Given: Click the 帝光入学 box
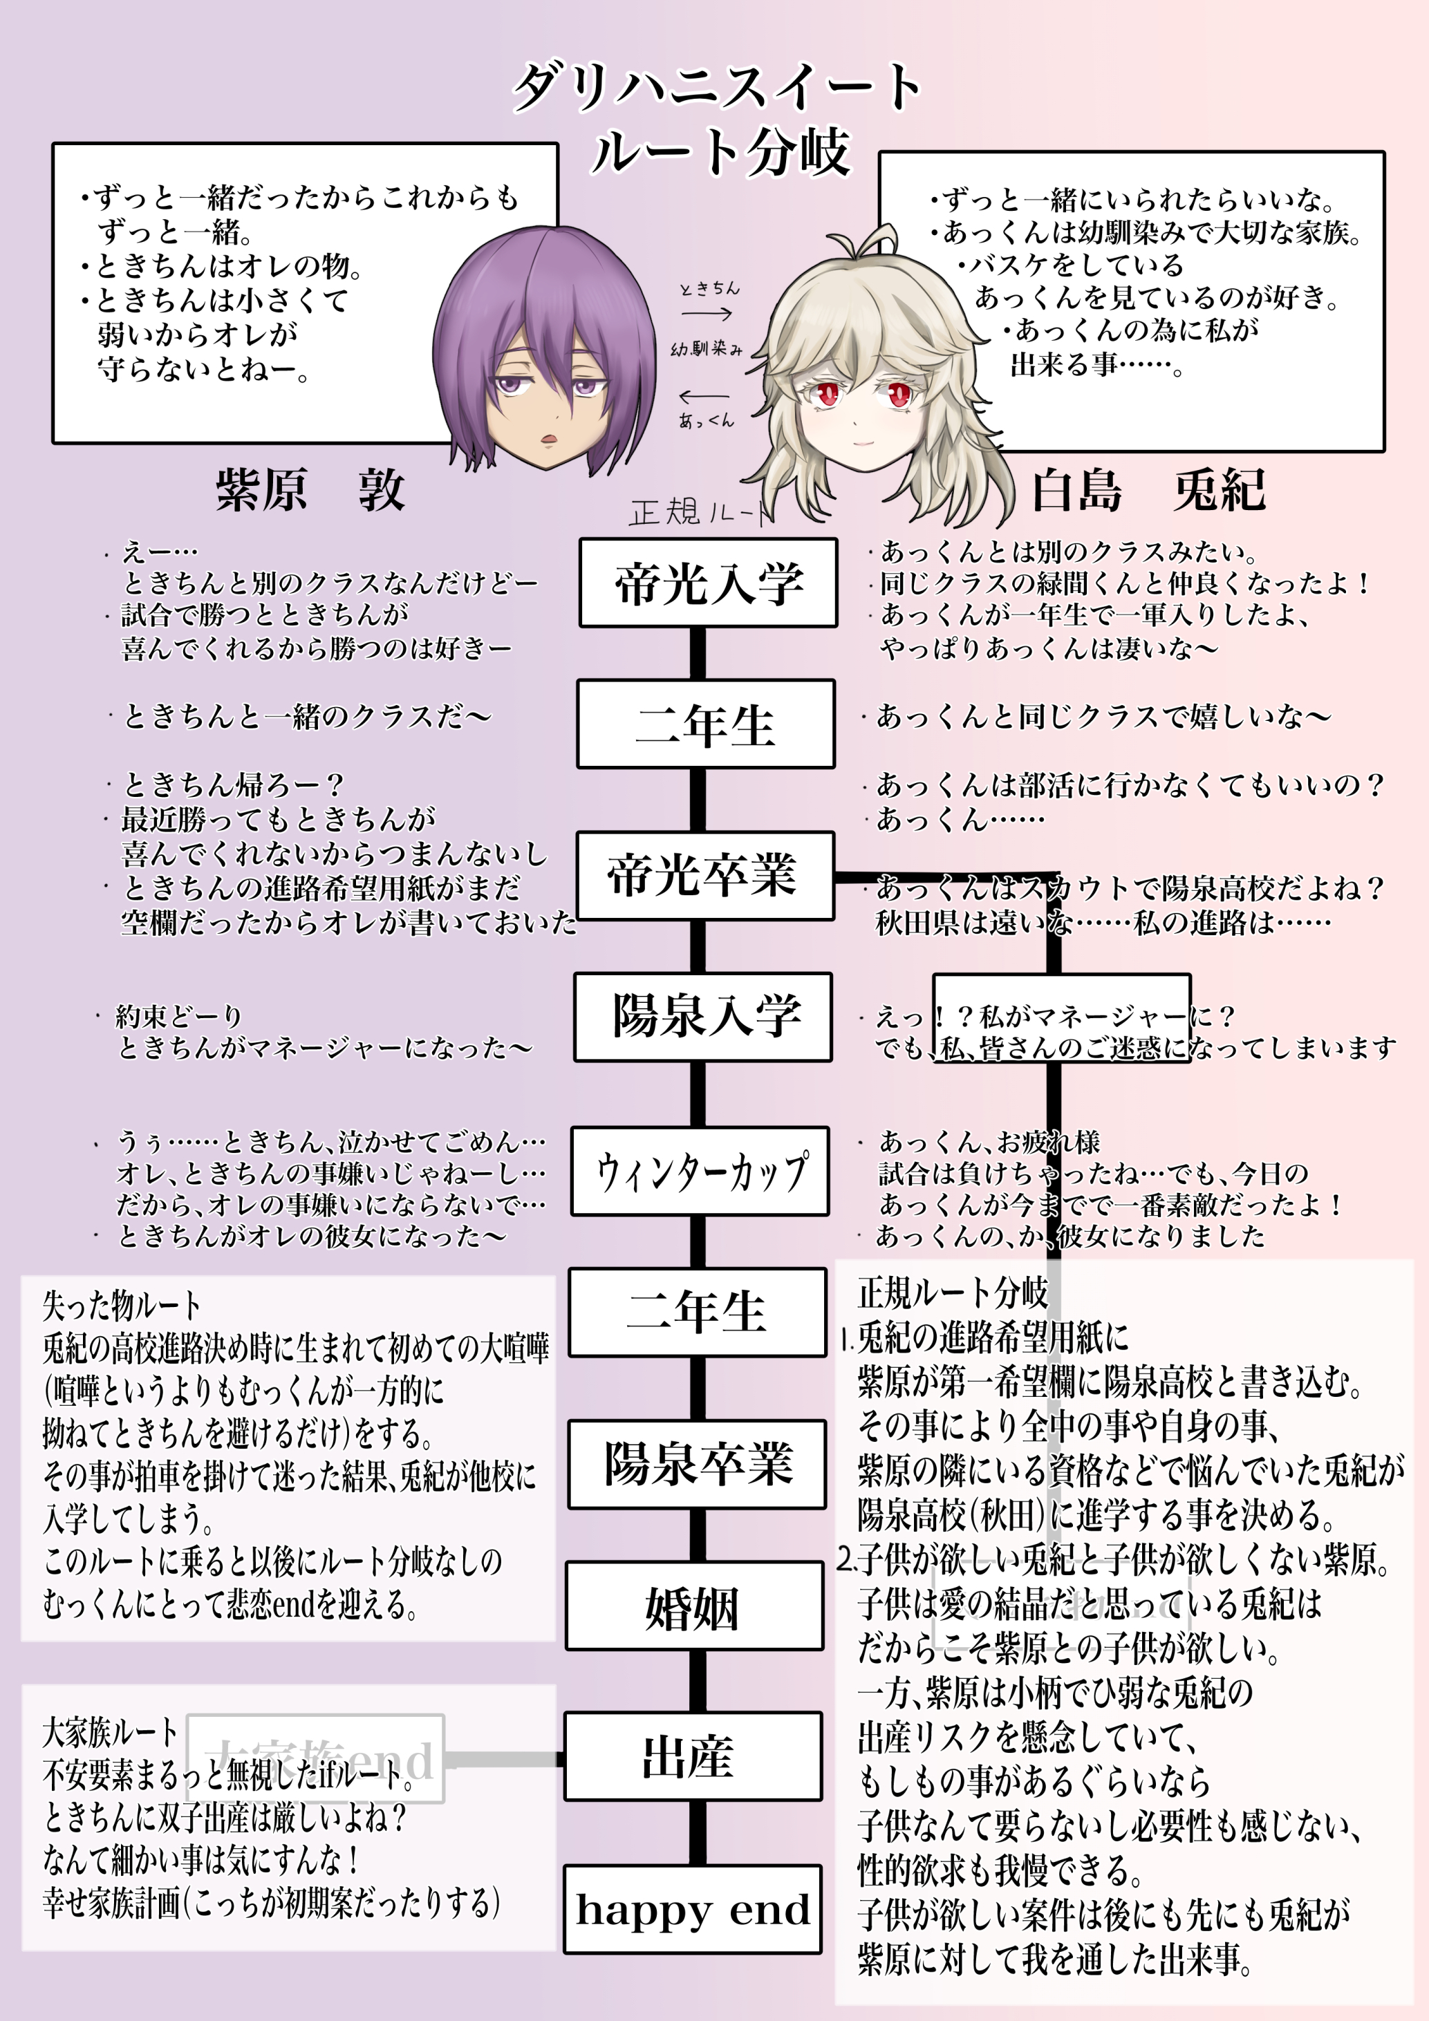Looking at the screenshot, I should click(x=708, y=583).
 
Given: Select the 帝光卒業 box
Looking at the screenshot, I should click(x=704, y=876).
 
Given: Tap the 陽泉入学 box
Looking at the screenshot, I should click(x=702, y=1017).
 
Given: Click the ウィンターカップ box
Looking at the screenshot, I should click(x=700, y=1171).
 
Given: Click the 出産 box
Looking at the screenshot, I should click(x=692, y=1756).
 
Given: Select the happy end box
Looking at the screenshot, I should click(x=692, y=1909).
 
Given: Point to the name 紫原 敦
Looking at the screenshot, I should click(x=310, y=489).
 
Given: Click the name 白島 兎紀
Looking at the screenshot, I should click(x=1148, y=489).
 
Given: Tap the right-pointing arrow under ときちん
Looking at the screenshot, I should click(x=707, y=313).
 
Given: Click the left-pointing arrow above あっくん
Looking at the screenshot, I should click(x=704, y=396).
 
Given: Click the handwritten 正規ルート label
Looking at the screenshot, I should click(x=700, y=511).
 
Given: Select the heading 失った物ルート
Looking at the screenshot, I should click(x=122, y=1306).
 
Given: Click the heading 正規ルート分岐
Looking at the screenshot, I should click(x=953, y=1293).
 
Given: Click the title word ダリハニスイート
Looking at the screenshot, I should click(x=717, y=87).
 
